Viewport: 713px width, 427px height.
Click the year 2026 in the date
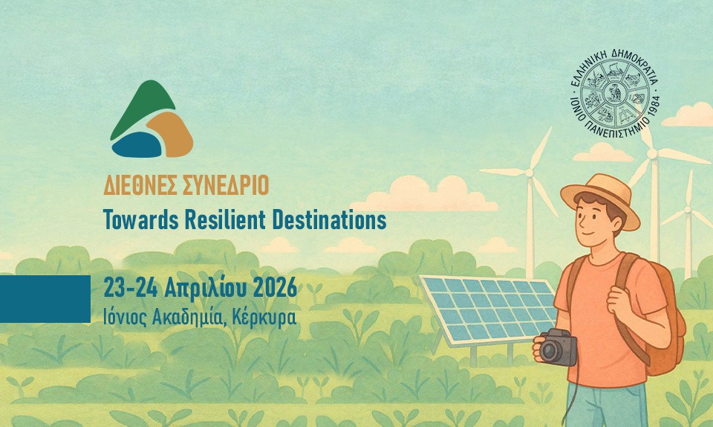coord(275,287)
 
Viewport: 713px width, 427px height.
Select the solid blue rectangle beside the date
coord(45,298)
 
